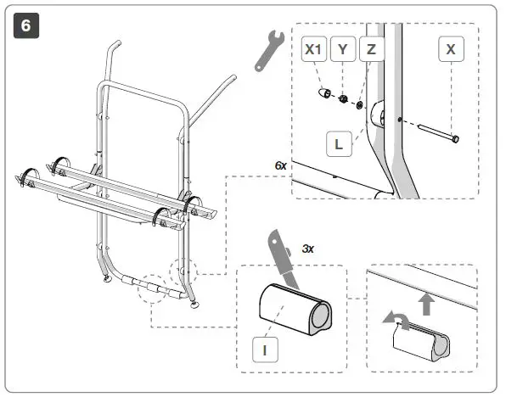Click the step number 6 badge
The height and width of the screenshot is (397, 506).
click(25, 26)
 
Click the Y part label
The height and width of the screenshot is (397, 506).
click(343, 49)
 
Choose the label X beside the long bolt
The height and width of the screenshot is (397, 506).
click(451, 49)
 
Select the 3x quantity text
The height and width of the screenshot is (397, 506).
click(309, 250)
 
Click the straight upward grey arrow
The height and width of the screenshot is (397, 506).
click(426, 304)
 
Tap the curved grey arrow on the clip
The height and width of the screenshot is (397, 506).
click(392, 319)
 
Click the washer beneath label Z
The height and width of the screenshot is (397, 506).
click(362, 105)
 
